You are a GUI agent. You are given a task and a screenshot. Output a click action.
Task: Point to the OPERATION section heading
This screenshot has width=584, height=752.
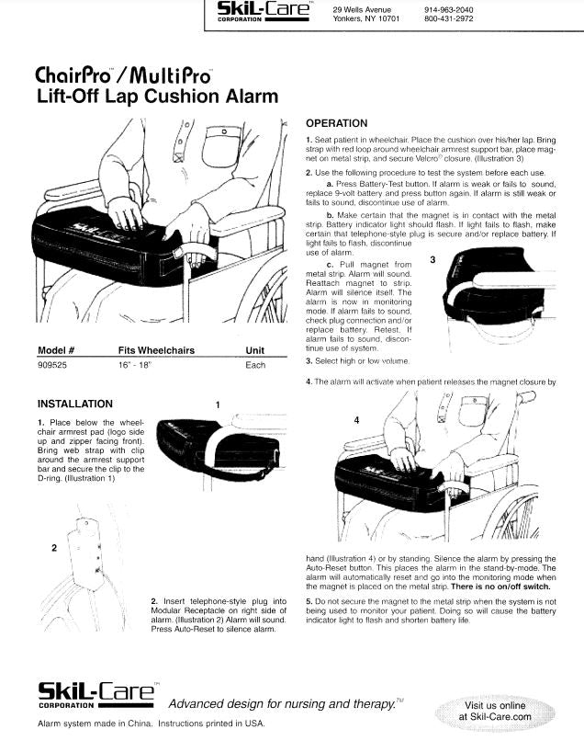[x=336, y=123]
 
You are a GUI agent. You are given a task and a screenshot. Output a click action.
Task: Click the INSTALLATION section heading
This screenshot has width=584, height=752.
[x=75, y=404]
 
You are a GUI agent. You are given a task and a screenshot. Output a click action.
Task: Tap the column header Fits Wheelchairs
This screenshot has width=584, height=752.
[x=152, y=350]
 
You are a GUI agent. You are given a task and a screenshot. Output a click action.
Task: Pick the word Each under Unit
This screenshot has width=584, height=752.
[x=255, y=365]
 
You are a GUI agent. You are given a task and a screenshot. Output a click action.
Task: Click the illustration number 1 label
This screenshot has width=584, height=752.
[x=217, y=404]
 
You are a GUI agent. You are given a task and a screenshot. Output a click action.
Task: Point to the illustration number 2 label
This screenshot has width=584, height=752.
[x=54, y=547]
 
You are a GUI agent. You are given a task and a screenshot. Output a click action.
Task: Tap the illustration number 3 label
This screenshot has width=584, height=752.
[x=432, y=260]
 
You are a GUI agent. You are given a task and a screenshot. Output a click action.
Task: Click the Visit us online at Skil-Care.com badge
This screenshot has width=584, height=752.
[x=497, y=710]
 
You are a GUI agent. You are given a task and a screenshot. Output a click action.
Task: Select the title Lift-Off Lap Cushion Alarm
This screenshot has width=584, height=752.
[x=157, y=97]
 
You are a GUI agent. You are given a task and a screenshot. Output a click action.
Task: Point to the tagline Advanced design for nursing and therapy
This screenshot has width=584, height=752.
[x=285, y=703]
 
